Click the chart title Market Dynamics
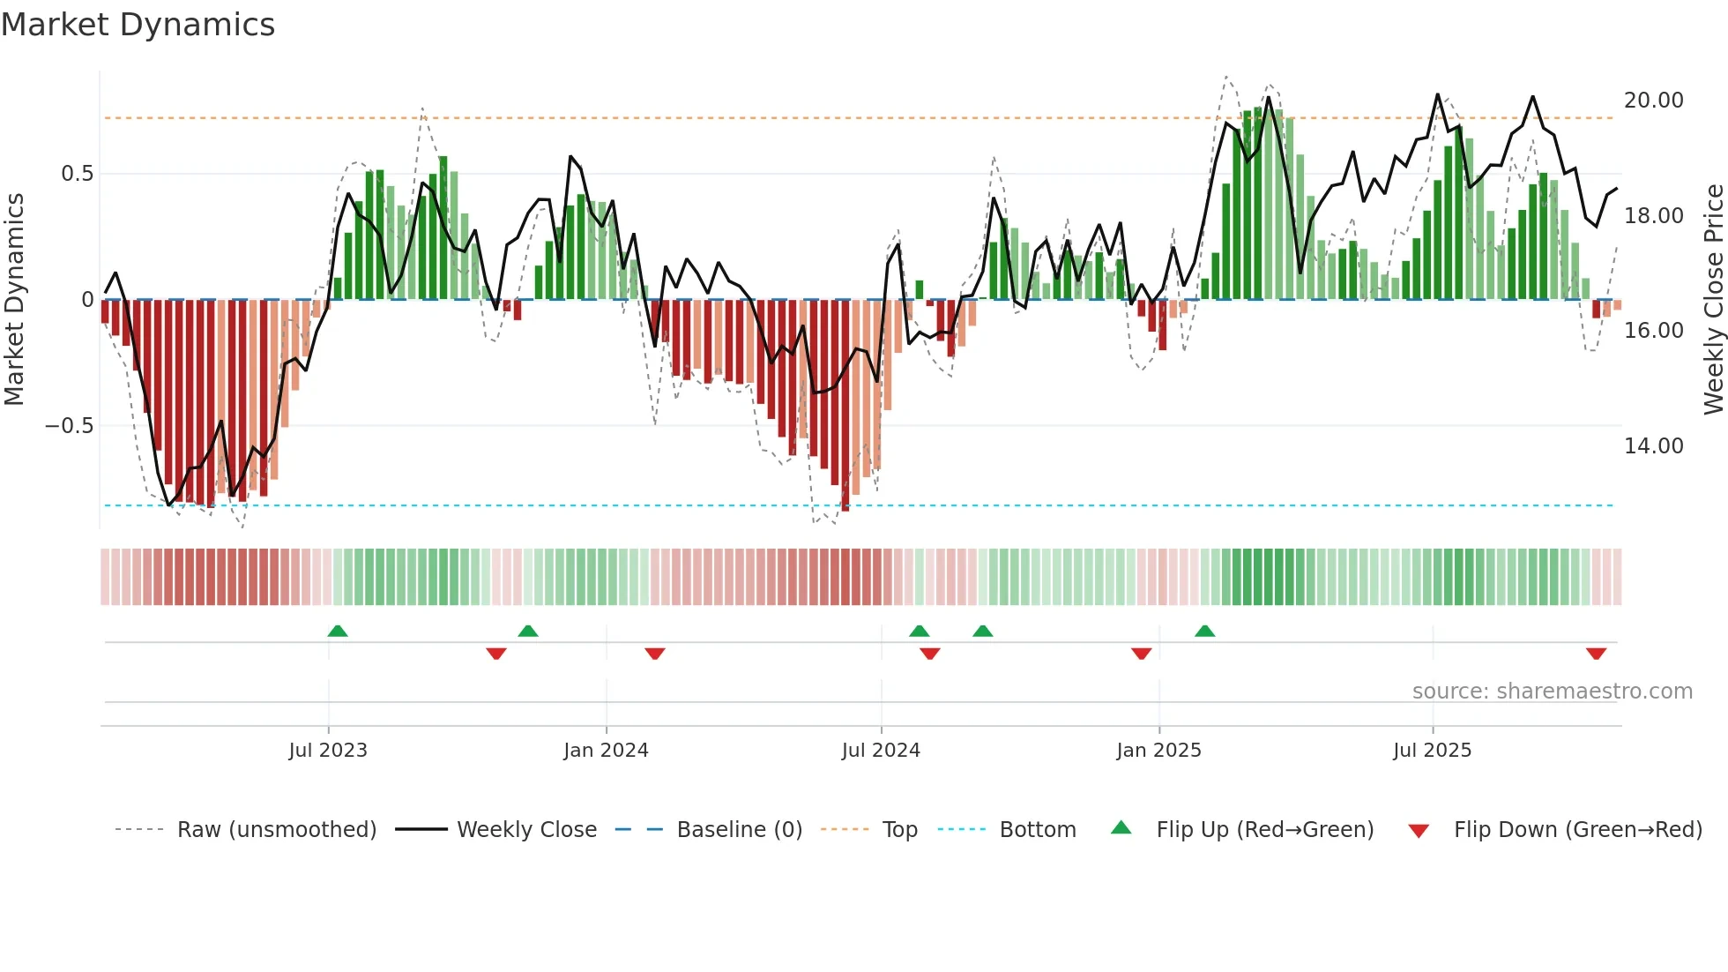(138, 25)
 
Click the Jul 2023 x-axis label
(328, 751)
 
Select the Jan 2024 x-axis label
(606, 751)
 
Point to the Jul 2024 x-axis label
(881, 751)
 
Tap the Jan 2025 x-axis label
(1158, 751)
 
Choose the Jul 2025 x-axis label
(1433, 751)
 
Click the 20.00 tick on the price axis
(1653, 101)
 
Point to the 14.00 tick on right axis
(1653, 446)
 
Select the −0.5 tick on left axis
(69, 426)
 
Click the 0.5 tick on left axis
(77, 174)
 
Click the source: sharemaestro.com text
(1552, 692)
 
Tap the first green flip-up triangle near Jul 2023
(338, 631)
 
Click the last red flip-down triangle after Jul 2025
(1596, 654)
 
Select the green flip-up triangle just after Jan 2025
(1205, 631)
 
